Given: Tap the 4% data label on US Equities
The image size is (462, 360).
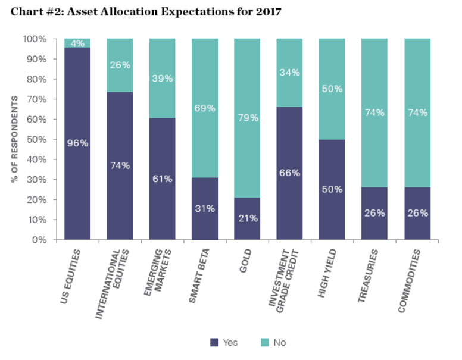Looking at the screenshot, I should click(77, 43).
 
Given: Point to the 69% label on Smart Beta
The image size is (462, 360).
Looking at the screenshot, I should click(205, 108).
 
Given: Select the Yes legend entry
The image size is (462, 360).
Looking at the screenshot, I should click(224, 342).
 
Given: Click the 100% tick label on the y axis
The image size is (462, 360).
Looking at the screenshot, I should click(35, 39).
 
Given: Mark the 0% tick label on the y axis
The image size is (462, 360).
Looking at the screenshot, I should click(39, 240).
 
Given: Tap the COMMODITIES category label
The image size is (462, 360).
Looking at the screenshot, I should click(413, 279).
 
